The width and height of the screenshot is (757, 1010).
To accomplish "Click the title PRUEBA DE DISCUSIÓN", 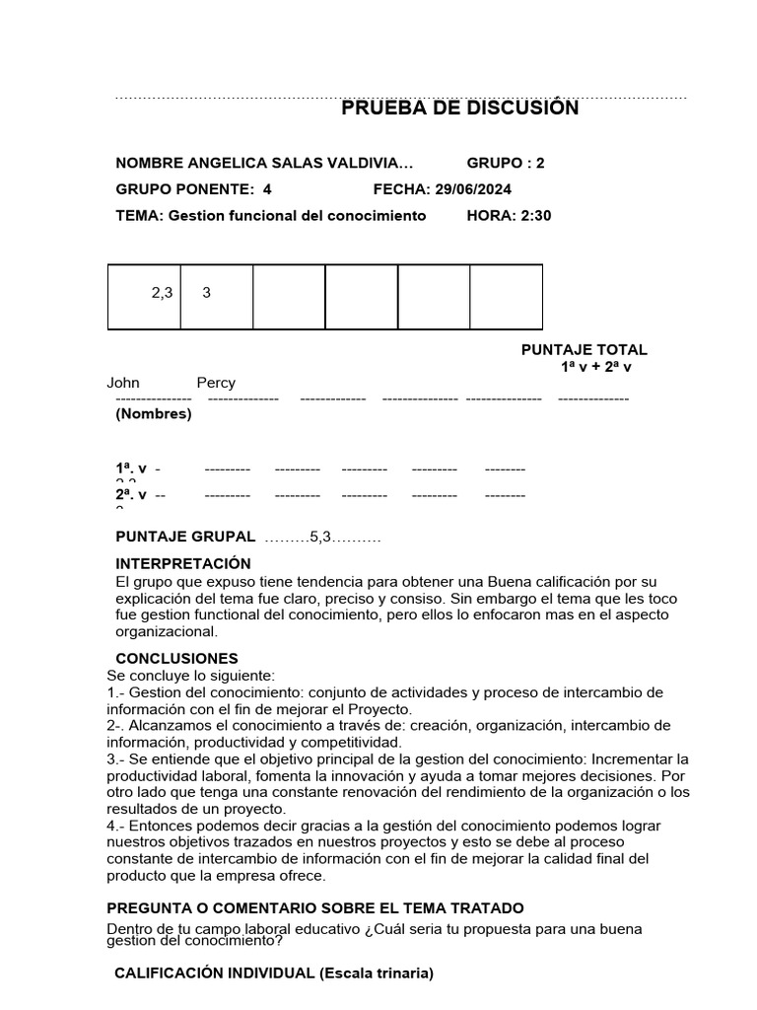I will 459,108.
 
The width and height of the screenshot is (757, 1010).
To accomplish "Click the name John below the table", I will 123,383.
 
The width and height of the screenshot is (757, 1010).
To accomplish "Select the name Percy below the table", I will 216,383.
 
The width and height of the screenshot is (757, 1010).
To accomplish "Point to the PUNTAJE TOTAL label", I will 584,350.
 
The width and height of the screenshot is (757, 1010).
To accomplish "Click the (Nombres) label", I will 154,414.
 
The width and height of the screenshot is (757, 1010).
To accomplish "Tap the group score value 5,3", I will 321,537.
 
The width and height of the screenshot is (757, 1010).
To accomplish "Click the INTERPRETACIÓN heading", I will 183,563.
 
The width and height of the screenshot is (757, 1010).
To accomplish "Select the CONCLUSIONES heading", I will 176,658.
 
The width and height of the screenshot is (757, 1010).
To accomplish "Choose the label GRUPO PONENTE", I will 183,189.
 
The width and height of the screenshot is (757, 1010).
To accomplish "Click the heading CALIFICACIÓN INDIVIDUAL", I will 214,974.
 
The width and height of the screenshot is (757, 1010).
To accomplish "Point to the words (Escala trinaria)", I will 376,974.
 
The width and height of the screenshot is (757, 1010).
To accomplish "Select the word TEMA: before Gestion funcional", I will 140,215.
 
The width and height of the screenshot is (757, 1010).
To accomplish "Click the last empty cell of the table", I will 506,296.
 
